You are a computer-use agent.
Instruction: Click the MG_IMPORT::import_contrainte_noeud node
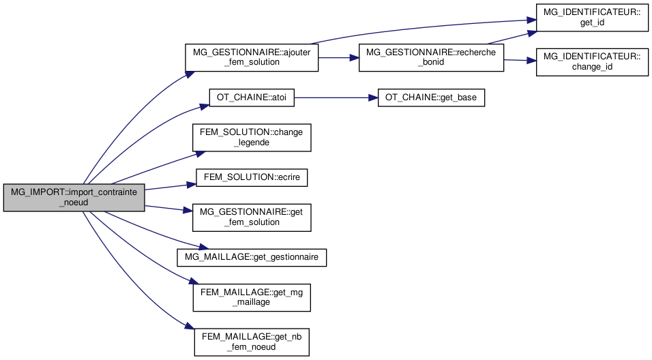click(x=74, y=198)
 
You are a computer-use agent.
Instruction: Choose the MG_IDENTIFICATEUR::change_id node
click(x=591, y=62)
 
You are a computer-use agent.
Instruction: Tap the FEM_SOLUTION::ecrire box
click(x=252, y=177)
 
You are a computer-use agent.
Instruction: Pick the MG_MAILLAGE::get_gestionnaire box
click(x=252, y=257)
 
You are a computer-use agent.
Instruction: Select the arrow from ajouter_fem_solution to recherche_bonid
click(x=338, y=57)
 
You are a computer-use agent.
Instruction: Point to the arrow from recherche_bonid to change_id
click(x=520, y=61)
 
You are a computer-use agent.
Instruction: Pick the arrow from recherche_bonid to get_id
click(x=512, y=37)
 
